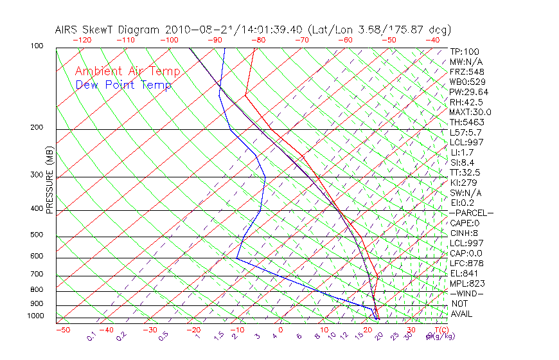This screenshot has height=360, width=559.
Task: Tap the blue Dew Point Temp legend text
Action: pyautogui.click(x=123, y=85)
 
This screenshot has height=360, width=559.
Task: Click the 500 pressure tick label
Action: pyautogui.click(x=37, y=235)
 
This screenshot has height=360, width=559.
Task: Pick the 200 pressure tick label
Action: pyautogui.click(x=37, y=127)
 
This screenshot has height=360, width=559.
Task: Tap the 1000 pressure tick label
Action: pyautogui.click(x=36, y=316)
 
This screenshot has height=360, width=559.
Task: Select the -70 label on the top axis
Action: pyautogui.click(x=301, y=40)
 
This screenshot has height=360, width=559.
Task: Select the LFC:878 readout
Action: pyautogui.click(x=467, y=264)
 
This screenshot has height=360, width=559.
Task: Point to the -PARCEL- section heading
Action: pyautogui.click(x=471, y=213)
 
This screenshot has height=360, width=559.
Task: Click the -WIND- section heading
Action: pyautogui.click(x=467, y=293)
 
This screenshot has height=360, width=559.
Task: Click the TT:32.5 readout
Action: pyautogui.click(x=465, y=172)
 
